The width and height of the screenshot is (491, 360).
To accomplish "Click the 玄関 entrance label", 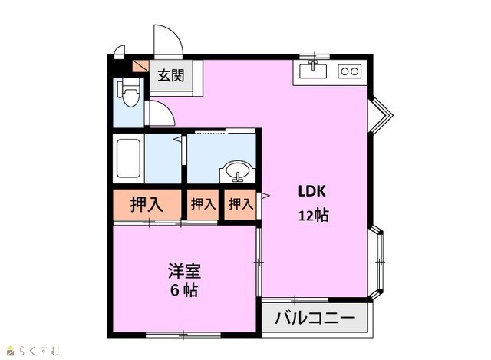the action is click(170, 75).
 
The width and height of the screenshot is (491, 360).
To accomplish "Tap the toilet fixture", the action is click(128, 92).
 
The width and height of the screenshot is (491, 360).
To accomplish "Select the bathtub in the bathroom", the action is click(128, 159).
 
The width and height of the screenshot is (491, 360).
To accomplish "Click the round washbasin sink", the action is click(239, 171).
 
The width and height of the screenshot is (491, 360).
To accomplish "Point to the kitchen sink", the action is click(313, 71).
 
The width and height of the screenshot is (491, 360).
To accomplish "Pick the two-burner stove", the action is click(350, 71).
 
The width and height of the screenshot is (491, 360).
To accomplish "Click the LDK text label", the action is click(312, 191).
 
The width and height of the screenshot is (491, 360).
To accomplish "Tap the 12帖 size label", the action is click(313, 216).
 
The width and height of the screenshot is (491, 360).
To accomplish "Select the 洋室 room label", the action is click(184, 270).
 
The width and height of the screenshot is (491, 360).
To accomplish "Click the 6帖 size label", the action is click(184, 290).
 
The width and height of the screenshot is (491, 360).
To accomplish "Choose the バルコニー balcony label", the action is click(315, 318).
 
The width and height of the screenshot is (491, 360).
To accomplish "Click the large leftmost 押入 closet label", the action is click(147, 204).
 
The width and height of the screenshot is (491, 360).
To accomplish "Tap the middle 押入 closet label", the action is click(203, 204).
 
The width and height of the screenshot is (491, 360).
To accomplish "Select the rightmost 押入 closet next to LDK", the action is click(240, 204).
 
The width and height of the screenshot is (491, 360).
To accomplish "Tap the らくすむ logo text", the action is click(39, 351).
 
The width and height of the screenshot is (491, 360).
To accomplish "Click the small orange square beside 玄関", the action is click(140, 66).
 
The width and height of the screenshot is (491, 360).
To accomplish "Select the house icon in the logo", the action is click(12, 351).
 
